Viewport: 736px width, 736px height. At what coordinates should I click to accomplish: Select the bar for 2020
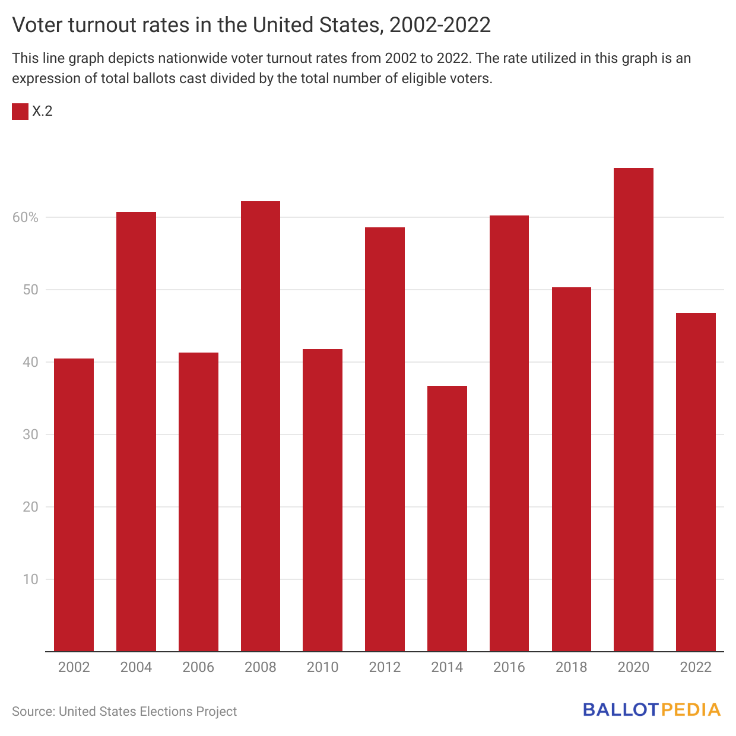point(633,410)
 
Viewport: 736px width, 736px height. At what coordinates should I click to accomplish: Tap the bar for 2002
point(74,505)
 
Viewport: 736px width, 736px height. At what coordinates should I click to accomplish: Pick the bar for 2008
point(260,426)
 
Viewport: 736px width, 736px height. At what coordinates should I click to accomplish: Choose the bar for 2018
point(571,469)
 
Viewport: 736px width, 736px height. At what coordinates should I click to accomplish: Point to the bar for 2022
point(696,482)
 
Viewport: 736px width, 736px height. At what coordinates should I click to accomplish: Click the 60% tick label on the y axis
point(26,217)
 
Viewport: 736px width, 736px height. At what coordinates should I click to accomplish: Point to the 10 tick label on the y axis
point(30,579)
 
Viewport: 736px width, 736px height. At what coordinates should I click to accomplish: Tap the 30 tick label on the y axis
point(30,434)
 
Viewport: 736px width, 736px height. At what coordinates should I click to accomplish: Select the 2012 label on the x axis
point(385,667)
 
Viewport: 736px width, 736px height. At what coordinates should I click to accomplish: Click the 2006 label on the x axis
point(198,667)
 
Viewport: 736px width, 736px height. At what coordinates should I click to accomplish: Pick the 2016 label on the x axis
point(509,667)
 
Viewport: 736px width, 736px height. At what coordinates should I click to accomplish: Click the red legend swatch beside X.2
point(20,111)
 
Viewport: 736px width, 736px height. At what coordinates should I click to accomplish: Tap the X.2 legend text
point(42,111)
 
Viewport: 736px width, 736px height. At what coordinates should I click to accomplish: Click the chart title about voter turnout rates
point(252,25)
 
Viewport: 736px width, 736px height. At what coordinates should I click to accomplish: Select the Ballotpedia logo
point(652,710)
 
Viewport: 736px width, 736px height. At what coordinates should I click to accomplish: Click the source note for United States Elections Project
point(124,711)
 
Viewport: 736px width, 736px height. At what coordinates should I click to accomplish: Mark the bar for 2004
point(136,432)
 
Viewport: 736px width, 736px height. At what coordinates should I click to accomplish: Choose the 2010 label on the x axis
point(322,667)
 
